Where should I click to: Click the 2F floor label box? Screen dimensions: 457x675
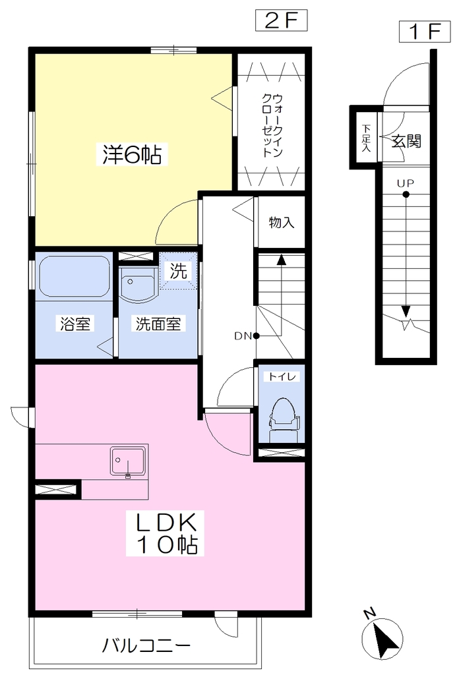282,20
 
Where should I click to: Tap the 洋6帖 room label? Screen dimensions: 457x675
132,154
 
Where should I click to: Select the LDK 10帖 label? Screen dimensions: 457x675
166,533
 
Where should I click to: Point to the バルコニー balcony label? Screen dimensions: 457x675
146,646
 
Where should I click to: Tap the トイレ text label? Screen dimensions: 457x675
282,376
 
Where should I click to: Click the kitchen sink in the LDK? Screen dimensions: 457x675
127,461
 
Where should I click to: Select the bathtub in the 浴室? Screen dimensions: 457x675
74,276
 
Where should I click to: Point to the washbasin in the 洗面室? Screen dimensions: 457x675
138,284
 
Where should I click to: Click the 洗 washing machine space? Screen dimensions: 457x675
178,271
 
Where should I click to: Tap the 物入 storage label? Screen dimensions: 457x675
282,222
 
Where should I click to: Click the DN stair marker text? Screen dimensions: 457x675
243,336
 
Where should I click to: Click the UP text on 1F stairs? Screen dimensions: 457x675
406,183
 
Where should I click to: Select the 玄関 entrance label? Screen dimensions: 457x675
406,141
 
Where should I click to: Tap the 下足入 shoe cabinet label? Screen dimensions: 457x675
366,138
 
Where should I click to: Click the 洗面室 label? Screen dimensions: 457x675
158,324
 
